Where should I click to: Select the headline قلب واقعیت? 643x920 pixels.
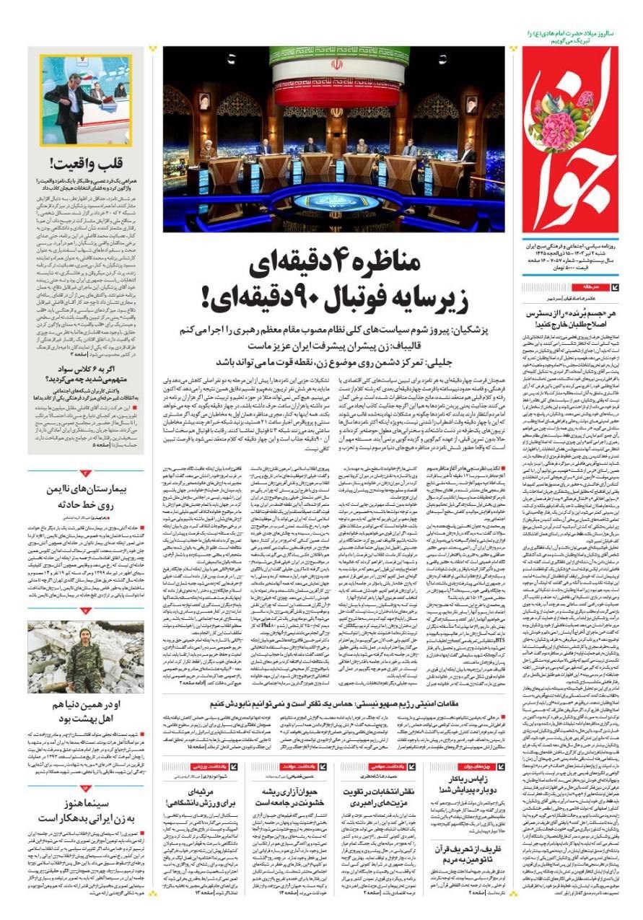coord(87,163)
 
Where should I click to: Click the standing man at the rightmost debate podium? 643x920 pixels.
coord(468,155)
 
